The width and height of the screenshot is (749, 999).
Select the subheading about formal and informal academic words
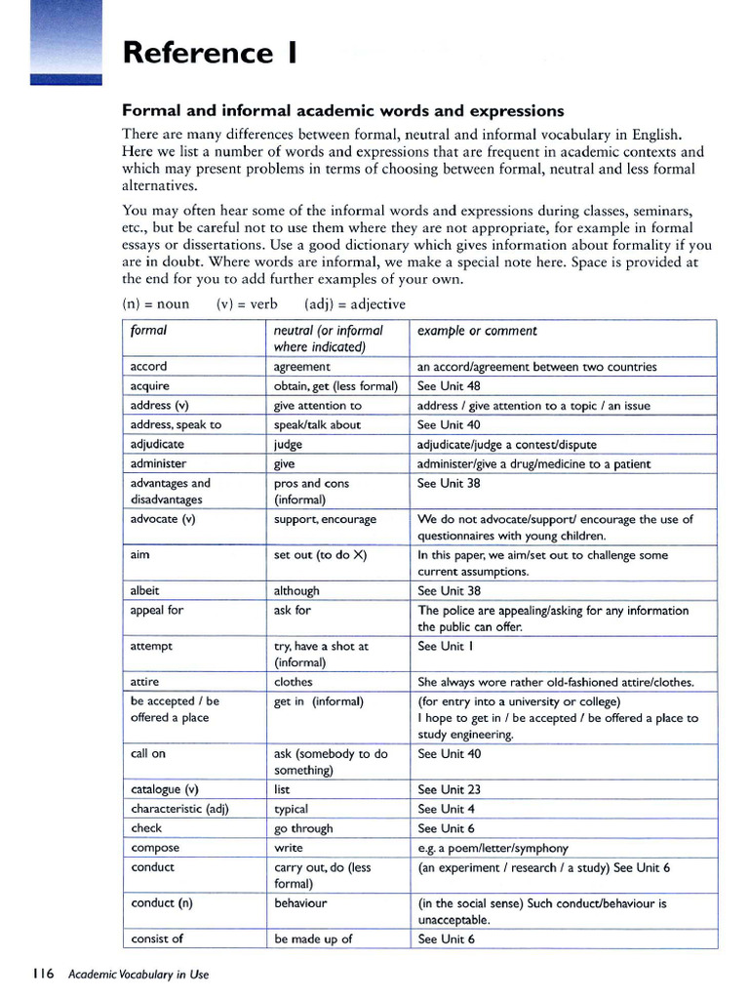point(342,110)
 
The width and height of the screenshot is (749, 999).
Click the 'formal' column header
point(148,331)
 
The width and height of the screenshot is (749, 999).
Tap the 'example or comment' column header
point(477,331)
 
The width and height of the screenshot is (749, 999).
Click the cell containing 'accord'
point(148,367)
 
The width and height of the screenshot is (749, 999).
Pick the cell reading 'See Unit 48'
point(449,386)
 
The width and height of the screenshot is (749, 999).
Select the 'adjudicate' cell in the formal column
point(157,444)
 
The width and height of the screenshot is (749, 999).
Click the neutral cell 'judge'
point(288,444)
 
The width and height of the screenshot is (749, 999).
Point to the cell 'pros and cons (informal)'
point(311,491)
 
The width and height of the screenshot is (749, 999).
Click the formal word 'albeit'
point(144,591)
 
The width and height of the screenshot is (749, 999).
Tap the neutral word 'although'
point(296,591)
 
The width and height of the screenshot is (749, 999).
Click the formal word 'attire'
point(144,682)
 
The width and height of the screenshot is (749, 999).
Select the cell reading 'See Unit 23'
point(449,789)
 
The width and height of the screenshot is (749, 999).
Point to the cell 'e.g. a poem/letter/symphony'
point(493,848)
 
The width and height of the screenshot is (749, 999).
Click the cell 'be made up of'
point(313,939)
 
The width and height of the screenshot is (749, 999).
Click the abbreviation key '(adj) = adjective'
point(355,303)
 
